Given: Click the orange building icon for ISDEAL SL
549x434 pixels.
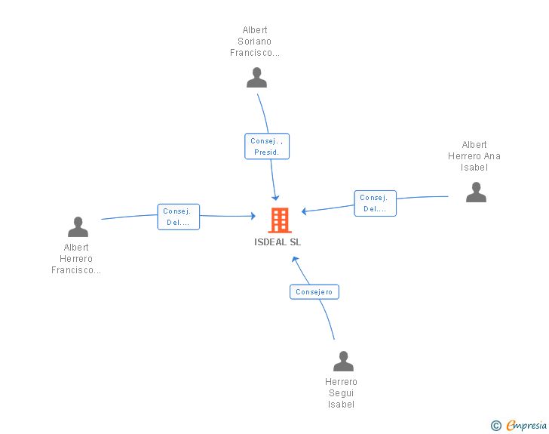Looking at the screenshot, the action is click(280, 220).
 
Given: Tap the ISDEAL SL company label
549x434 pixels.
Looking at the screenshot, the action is click(278, 242).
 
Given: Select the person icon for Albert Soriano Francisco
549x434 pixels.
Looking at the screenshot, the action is click(256, 78).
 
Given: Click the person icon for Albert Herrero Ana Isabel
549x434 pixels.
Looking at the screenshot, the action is click(476, 192).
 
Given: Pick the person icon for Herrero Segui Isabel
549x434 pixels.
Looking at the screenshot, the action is click(343, 361).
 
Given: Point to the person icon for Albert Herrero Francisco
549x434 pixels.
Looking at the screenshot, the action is click(78, 227).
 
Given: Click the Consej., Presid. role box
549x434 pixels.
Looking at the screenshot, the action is click(267, 146).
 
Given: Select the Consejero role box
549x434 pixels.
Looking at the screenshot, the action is click(314, 291).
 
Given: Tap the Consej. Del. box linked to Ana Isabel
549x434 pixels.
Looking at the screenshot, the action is click(375, 203).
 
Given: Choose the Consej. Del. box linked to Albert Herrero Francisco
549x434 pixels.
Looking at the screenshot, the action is click(179, 217).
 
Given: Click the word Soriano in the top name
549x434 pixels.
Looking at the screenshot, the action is click(255, 42).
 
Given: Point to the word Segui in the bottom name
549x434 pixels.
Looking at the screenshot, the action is click(342, 393).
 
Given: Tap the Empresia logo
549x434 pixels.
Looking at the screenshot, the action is click(526, 425).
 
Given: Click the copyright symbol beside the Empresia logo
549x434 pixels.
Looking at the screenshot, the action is click(495, 426).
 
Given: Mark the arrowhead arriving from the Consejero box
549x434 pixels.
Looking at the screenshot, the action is click(295, 260).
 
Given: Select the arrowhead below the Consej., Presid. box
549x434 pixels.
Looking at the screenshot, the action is click(275, 198).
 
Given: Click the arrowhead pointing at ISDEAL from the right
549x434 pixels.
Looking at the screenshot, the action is click(304, 211).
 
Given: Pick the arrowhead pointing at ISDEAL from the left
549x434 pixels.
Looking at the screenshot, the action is click(253, 216).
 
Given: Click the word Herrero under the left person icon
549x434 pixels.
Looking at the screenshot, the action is click(76, 259).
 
